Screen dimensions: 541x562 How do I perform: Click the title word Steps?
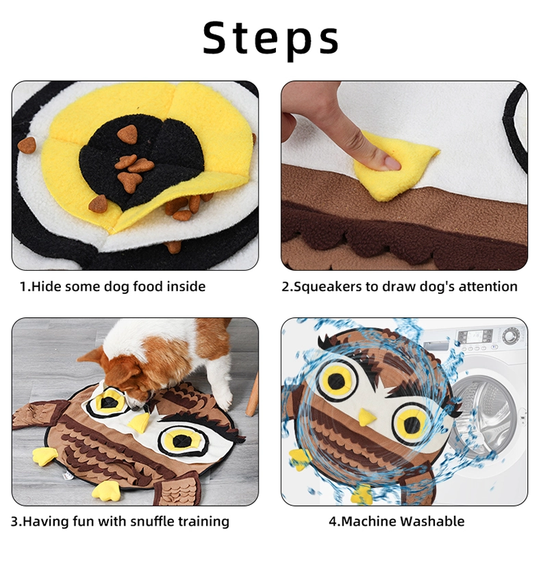(270, 38)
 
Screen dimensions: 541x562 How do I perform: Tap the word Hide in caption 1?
(47, 286)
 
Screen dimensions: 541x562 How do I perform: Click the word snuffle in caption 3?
(153, 521)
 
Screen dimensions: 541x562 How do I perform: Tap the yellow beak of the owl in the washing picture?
(366, 417)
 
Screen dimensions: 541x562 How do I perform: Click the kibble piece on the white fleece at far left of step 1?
(27, 145)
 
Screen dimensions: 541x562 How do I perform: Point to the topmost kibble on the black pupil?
(128, 134)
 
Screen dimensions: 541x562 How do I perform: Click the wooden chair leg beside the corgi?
(253, 394)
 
